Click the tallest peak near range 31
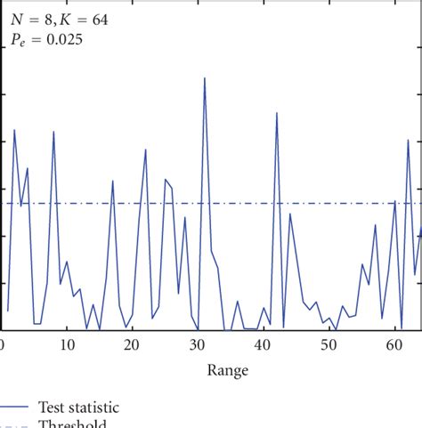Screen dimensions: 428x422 pyautogui.click(x=205, y=78)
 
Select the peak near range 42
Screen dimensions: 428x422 pyautogui.click(x=277, y=113)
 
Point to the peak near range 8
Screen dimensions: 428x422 pyautogui.click(x=53, y=132)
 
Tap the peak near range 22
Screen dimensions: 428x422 pyautogui.click(x=146, y=149)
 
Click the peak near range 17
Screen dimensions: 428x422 pyautogui.click(x=113, y=181)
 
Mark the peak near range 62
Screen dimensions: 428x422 pyautogui.click(x=408, y=140)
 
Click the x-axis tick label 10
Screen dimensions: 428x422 pyautogui.click(x=67, y=345)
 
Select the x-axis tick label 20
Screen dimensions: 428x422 pyautogui.click(x=132, y=345)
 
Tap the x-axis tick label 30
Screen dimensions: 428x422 pyautogui.click(x=198, y=345)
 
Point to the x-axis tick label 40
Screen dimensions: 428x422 pyautogui.click(x=264, y=345)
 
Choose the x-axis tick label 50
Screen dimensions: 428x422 pyautogui.click(x=329, y=345)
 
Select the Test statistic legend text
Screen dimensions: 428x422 pyautogui.click(x=78, y=407)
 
